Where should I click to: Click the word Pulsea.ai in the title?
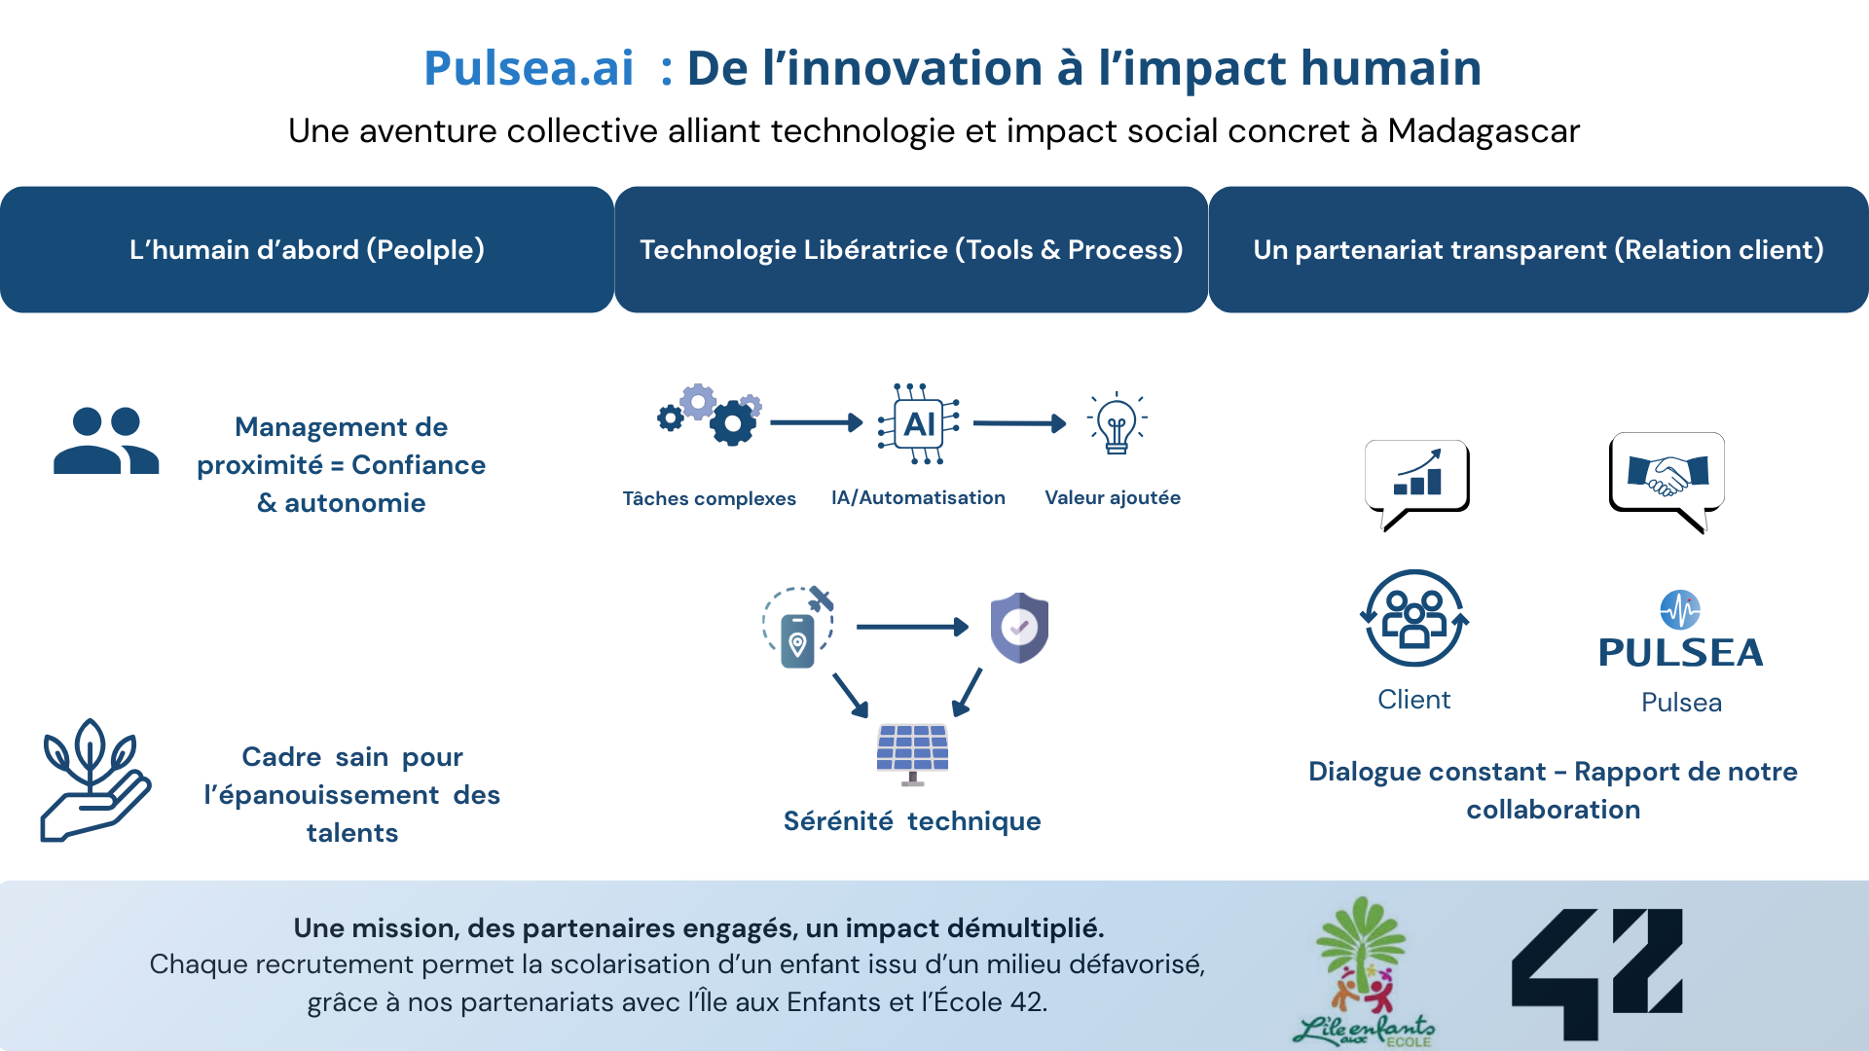pyautogui.click(x=529, y=68)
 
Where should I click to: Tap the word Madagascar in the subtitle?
pyautogui.click(x=1484, y=130)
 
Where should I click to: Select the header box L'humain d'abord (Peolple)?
pyautogui.click(x=307, y=249)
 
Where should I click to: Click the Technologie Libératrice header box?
pyautogui.click(x=911, y=249)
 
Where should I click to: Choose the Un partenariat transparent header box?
pyautogui.click(x=1538, y=249)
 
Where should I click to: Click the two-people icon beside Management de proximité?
pyautogui.click(x=106, y=441)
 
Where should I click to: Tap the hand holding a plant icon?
pyautogui.click(x=94, y=780)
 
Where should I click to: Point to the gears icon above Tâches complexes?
pyautogui.click(x=710, y=415)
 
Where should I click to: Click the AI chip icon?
pyautogui.click(x=919, y=423)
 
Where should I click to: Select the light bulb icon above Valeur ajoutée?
pyautogui.click(x=1117, y=423)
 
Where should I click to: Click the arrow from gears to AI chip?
pyautogui.click(x=817, y=422)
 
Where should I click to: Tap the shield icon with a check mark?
pyautogui.click(x=1019, y=628)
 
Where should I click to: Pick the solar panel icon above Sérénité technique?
pyautogui.click(x=912, y=754)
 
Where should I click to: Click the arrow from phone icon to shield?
pyautogui.click(x=912, y=627)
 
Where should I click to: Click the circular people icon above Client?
pyautogui.click(x=1414, y=618)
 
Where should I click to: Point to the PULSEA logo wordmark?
pyautogui.click(x=1681, y=653)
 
